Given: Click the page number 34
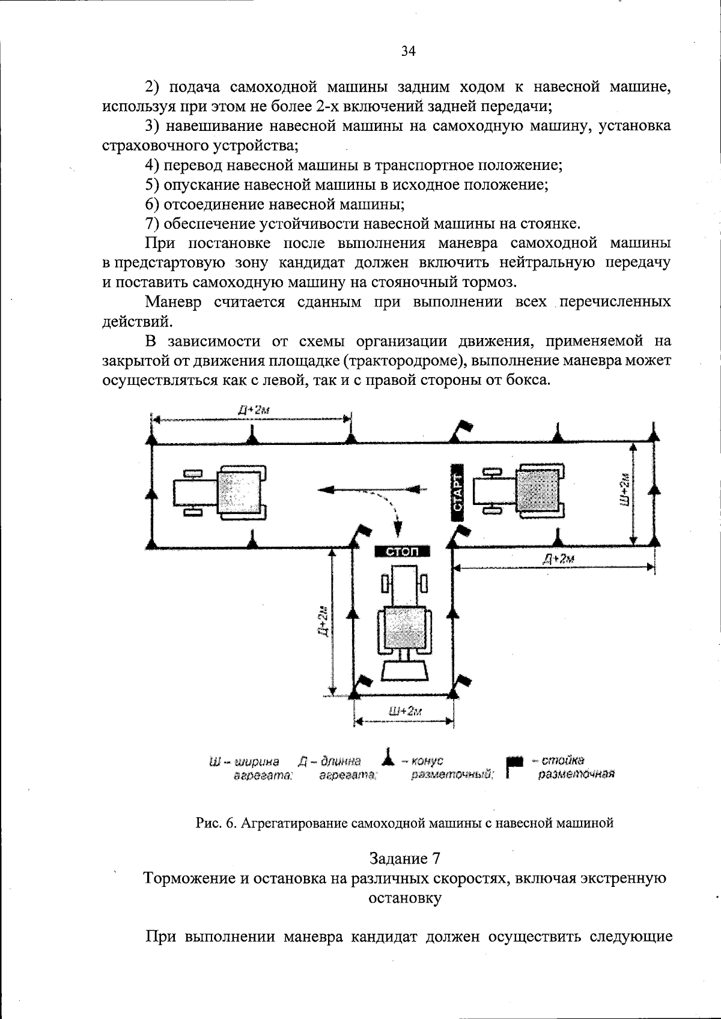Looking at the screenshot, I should [408, 52].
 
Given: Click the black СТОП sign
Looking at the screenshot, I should [401, 551].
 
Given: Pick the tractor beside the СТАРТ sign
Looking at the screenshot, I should [520, 491].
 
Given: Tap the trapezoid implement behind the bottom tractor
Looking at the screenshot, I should [405, 669].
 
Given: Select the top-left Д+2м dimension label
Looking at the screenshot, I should [253, 410].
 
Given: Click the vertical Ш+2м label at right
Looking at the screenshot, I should [624, 489].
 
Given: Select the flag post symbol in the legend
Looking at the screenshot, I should [513, 766].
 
